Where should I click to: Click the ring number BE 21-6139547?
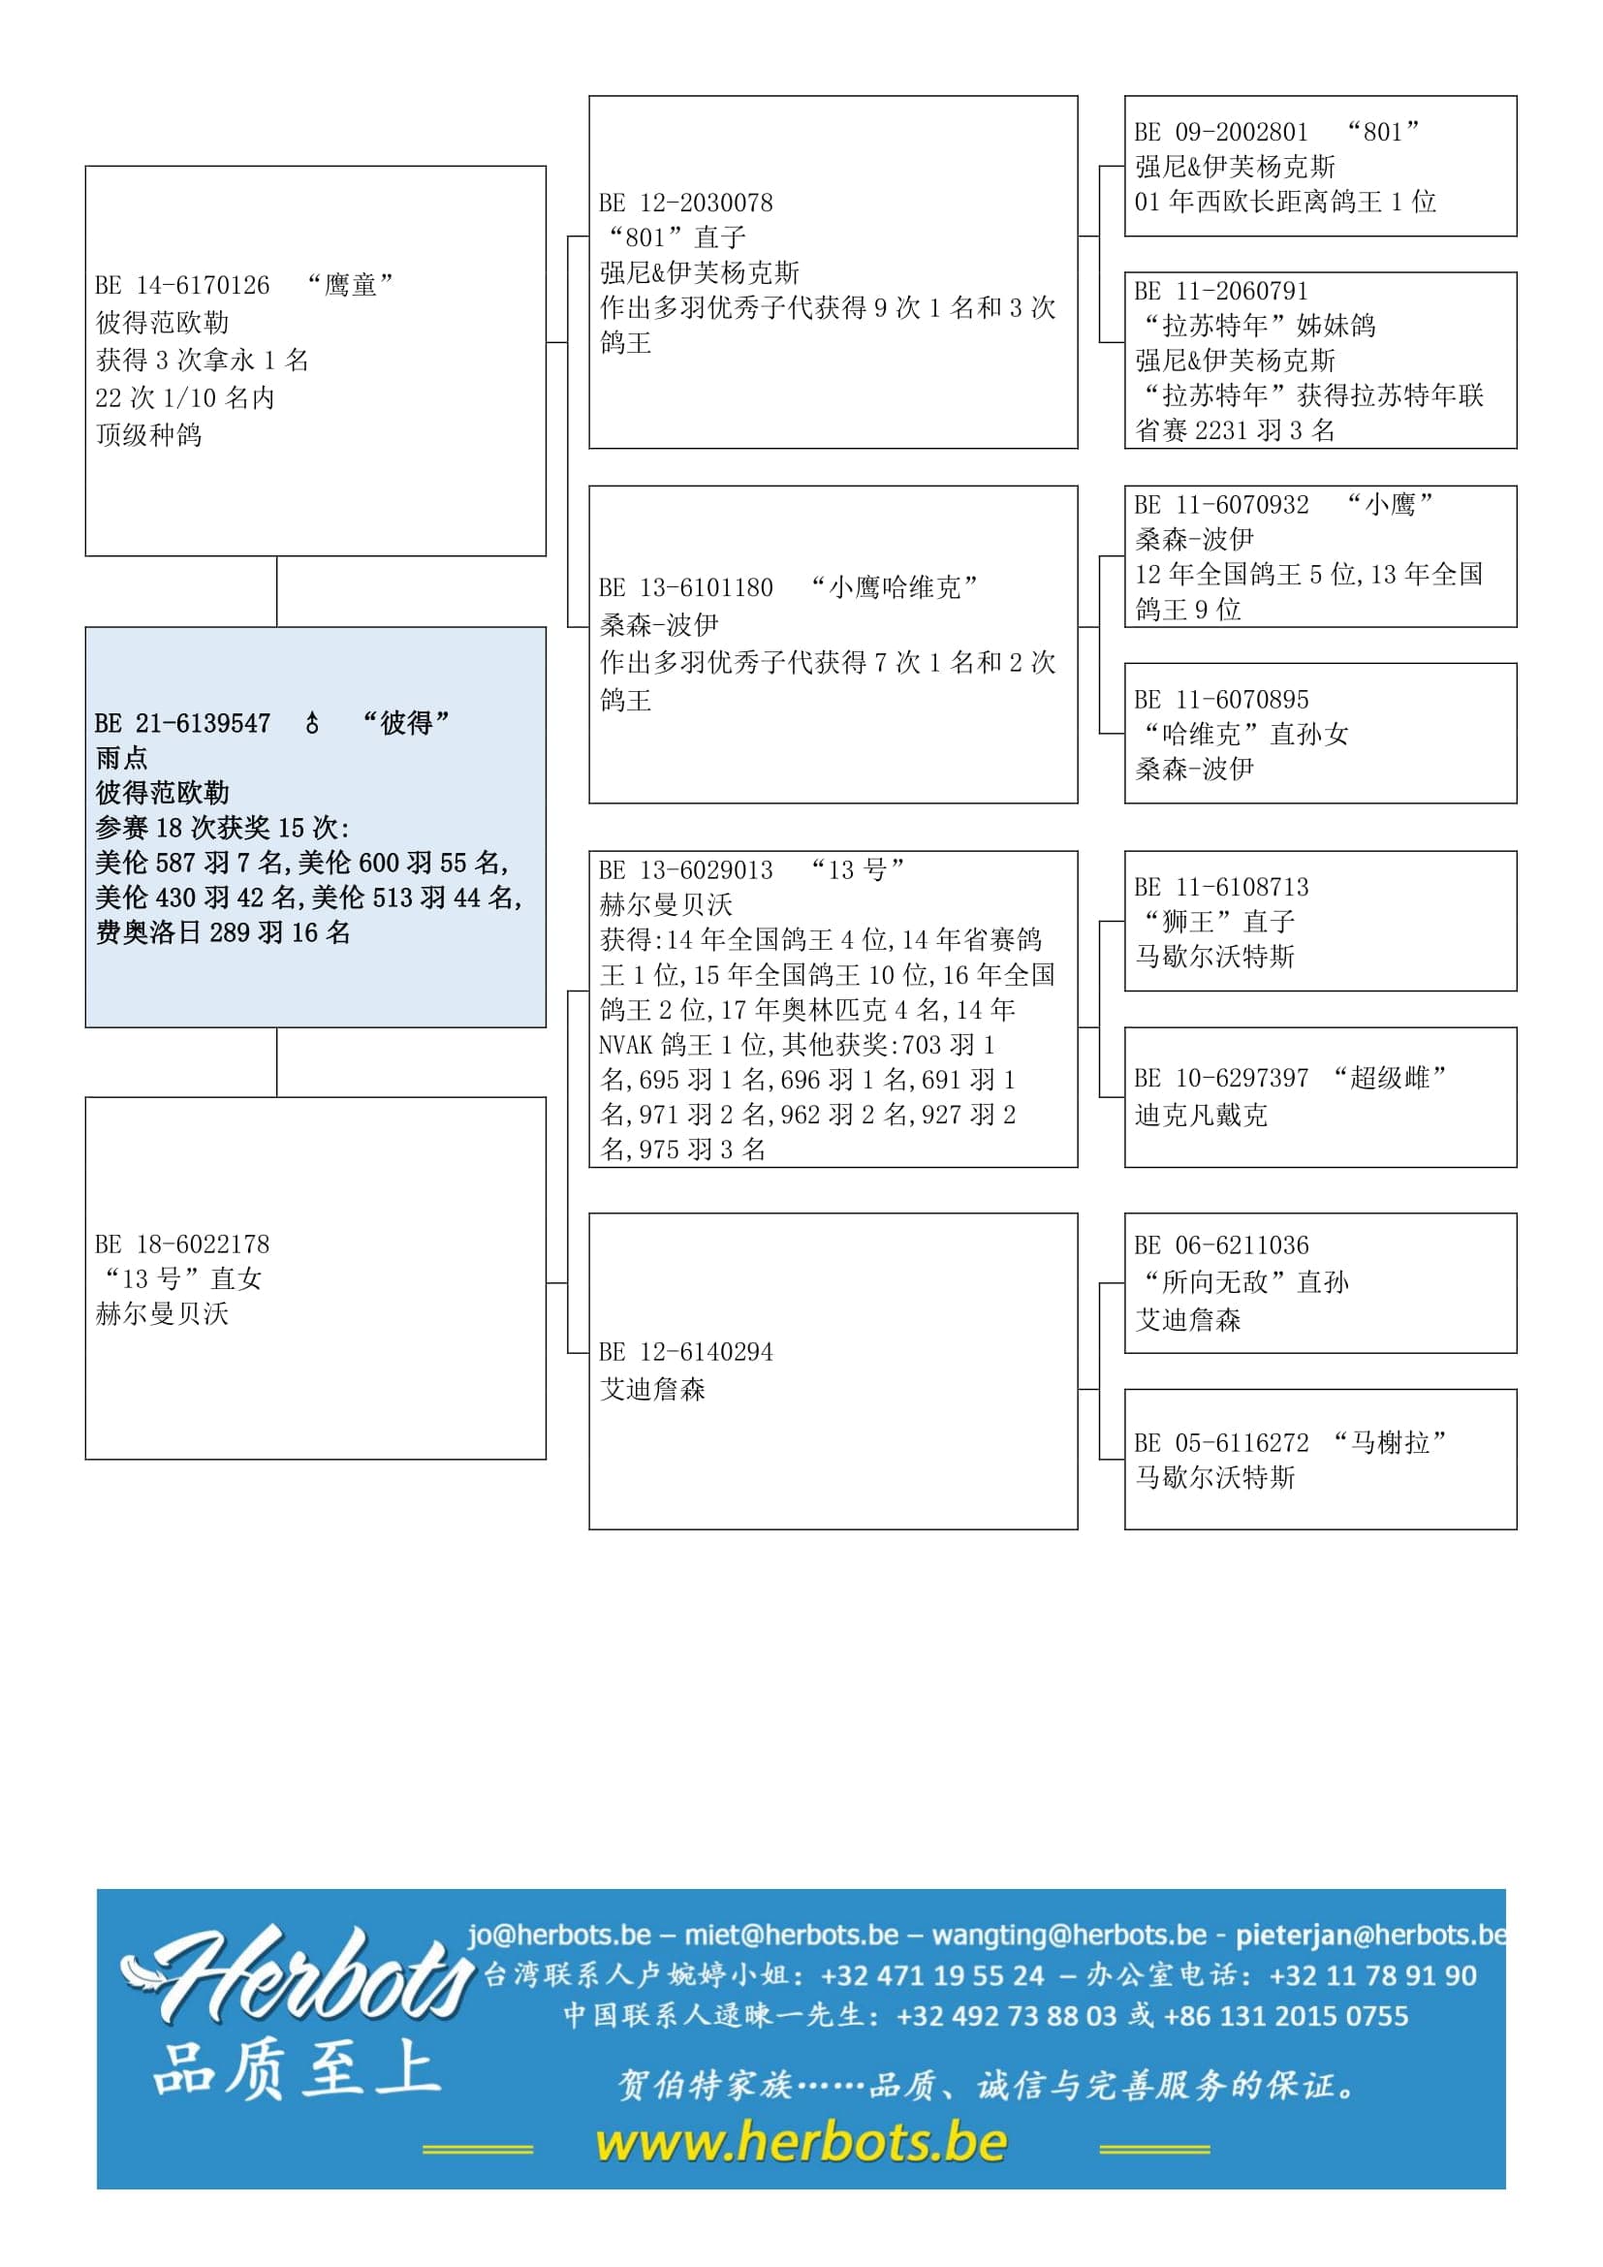[x=182, y=724]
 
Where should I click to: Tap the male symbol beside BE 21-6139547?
[x=312, y=724]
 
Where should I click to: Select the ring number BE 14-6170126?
[x=182, y=285]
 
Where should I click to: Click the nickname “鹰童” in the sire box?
[x=350, y=285]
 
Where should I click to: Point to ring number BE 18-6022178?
[x=182, y=1244]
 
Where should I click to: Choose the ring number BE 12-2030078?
[x=686, y=204]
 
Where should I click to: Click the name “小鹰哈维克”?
[x=894, y=587]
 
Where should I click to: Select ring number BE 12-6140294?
[x=686, y=1352]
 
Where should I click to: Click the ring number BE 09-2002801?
[x=1221, y=133]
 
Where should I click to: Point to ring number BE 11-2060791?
[x=1221, y=292]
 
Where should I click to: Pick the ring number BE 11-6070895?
[x=1221, y=700]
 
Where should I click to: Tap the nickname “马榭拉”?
[x=1389, y=1442]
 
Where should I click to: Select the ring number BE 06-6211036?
[x=1221, y=1245]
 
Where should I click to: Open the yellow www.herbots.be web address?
[x=801, y=2143]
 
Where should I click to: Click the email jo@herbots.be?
[x=559, y=1935]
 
